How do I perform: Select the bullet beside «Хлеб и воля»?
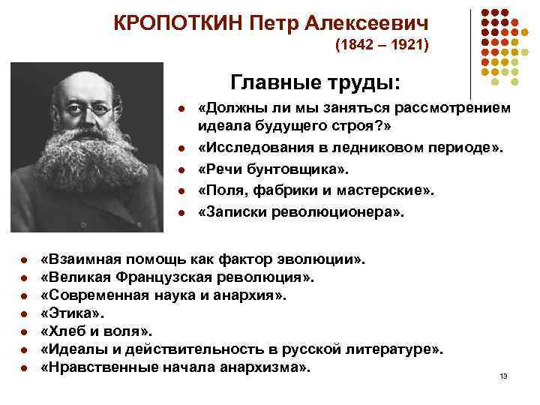pyautogui.click(x=25, y=332)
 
